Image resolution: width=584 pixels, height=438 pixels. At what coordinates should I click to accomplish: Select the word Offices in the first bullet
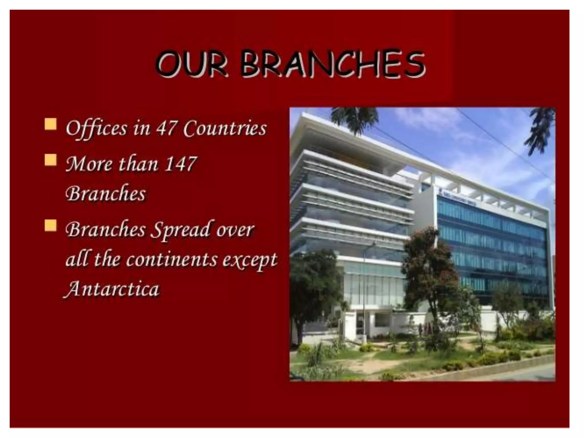96,128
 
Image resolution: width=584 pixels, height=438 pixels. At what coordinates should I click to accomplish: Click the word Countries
225,128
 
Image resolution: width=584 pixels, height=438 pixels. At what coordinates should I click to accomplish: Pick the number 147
181,164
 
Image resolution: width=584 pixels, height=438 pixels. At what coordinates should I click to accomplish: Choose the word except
250,260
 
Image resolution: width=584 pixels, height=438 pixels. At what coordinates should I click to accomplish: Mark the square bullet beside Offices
50,124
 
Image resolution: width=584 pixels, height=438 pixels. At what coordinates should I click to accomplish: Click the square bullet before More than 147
50,160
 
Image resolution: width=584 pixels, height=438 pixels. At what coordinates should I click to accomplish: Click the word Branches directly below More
106,194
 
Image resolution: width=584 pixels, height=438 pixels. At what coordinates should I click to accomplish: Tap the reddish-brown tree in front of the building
428,265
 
